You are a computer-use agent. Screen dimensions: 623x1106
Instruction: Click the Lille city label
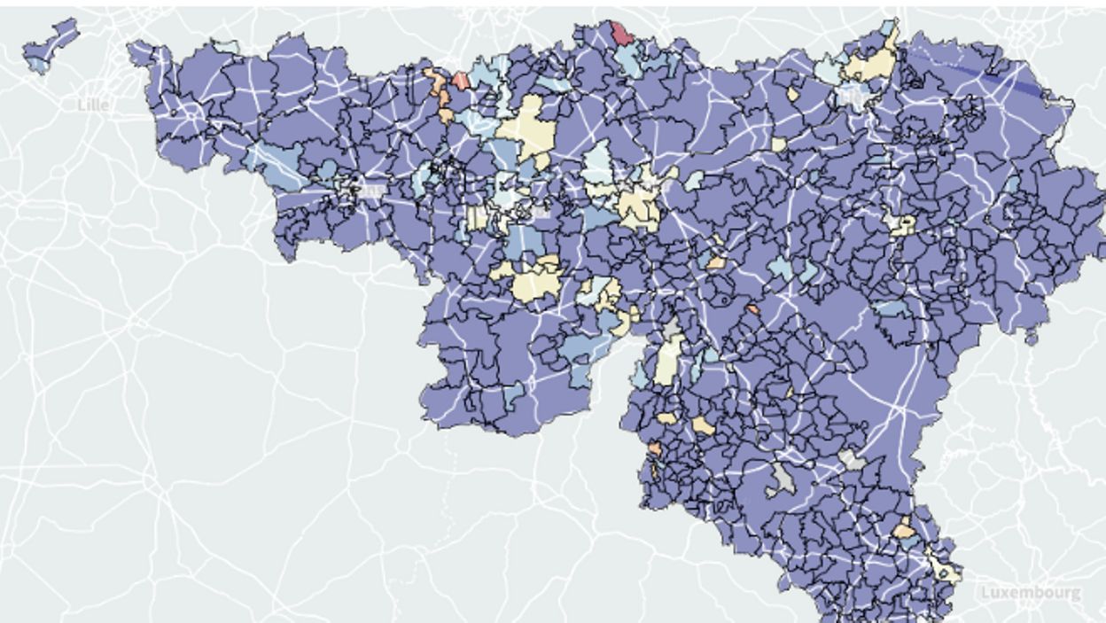tap(93, 105)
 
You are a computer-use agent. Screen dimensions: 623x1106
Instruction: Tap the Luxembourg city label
tap(1031, 592)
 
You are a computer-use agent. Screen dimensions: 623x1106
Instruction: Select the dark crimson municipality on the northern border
tap(622, 33)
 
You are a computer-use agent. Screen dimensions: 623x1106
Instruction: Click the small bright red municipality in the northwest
tap(461, 81)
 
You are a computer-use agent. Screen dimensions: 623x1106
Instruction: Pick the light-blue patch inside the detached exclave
tap(37, 64)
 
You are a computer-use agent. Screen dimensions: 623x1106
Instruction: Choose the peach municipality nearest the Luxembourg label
tap(904, 530)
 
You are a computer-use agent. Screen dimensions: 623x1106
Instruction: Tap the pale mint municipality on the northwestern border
tap(225, 46)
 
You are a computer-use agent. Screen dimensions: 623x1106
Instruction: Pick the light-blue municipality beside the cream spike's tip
tap(887, 28)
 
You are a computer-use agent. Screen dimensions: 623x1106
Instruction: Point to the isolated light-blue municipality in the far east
tap(1011, 184)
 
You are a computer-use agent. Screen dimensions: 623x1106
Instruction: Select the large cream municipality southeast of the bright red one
tap(526, 128)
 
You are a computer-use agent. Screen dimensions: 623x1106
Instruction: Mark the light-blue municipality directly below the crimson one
tap(628, 60)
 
